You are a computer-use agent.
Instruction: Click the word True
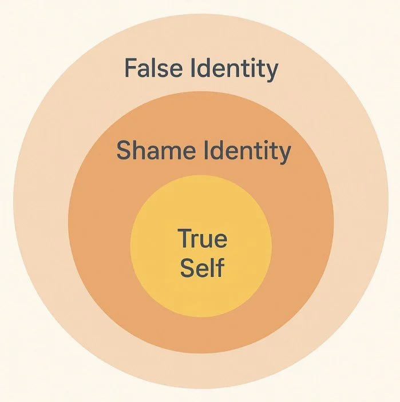[201, 239]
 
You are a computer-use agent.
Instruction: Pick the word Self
[201, 267]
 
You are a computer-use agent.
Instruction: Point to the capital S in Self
[187, 267]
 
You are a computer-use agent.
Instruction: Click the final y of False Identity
[272, 73]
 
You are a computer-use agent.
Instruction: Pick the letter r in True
[196, 240]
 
